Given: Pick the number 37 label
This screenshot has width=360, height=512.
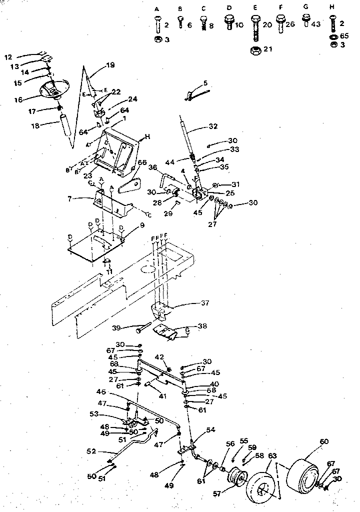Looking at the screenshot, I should pyautogui.click(x=205, y=303).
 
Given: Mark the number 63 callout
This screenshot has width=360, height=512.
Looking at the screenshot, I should pyautogui.click(x=272, y=455).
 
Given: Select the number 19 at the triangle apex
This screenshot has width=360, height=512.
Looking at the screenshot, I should pyautogui.click(x=110, y=64).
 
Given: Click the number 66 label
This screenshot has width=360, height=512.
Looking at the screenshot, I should pyautogui.click(x=142, y=162).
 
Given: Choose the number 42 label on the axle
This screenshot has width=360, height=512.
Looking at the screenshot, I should pyautogui.click(x=160, y=357).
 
